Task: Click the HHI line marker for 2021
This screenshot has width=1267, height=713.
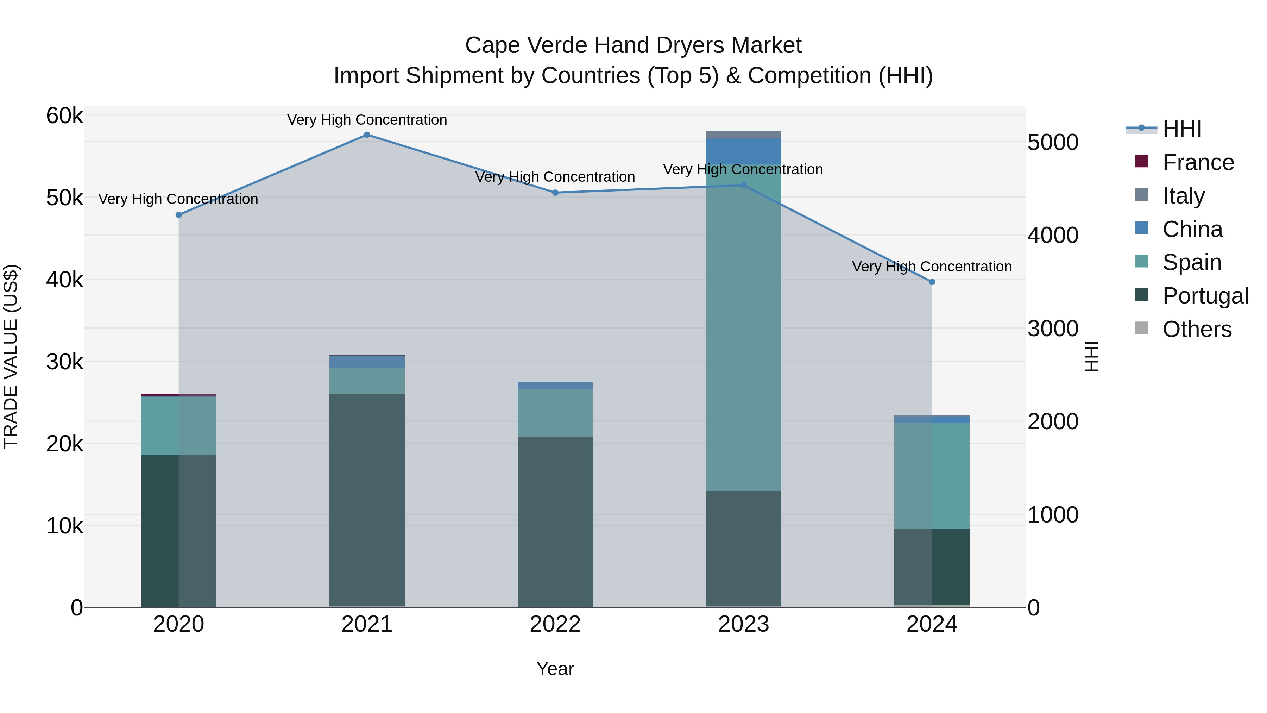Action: point(367,135)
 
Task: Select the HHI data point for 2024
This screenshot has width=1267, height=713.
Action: point(932,282)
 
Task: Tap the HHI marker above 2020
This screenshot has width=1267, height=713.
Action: point(178,215)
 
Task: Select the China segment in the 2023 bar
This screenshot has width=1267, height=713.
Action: point(743,151)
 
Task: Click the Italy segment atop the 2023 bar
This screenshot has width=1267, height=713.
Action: point(743,135)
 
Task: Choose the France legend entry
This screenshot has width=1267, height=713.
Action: point(1198,162)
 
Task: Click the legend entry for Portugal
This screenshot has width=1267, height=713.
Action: point(1205,296)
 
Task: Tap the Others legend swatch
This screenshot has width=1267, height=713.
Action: point(1141,328)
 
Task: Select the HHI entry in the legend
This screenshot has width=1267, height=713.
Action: point(1182,129)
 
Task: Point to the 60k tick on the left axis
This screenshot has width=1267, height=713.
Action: point(64,116)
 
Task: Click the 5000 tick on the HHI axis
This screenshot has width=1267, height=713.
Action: point(1053,143)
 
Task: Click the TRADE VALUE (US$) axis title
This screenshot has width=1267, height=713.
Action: point(11,356)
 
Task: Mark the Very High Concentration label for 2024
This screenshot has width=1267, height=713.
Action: point(932,267)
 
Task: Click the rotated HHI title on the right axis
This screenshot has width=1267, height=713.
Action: point(1091,356)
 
